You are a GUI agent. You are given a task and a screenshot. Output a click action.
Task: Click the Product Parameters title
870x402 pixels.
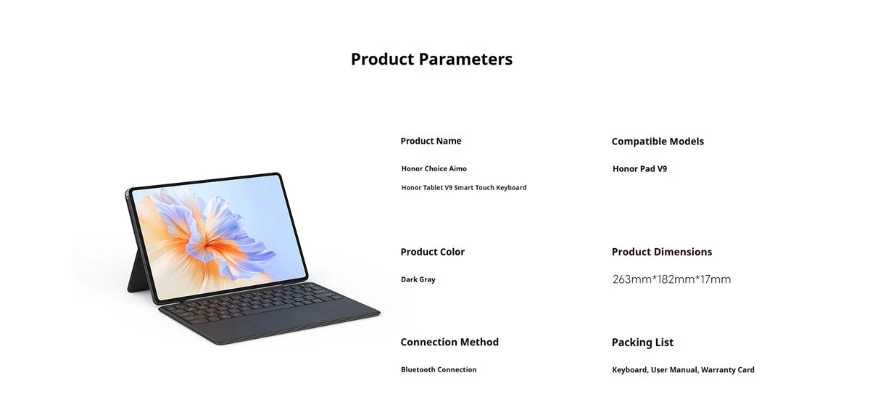tap(431, 60)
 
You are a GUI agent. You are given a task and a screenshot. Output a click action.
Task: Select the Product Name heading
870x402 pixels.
tap(431, 141)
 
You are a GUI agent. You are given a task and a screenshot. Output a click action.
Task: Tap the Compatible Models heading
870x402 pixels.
tap(658, 141)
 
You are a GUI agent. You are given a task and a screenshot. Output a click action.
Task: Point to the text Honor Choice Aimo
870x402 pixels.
tap(434, 168)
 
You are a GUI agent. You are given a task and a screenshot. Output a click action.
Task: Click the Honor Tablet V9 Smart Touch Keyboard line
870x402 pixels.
tap(464, 187)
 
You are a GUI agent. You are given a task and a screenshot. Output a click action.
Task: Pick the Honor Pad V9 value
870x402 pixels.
tap(639, 169)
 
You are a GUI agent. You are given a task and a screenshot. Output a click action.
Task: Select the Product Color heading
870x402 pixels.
tap(432, 252)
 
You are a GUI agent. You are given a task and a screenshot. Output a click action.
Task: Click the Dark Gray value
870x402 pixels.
tap(418, 279)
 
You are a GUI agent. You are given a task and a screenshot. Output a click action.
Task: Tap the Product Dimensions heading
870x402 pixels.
tap(661, 252)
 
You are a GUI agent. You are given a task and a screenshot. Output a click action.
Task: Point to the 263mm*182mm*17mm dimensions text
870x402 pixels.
tap(671, 279)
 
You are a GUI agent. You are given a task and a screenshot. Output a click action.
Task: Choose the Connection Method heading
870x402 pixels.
tap(449, 342)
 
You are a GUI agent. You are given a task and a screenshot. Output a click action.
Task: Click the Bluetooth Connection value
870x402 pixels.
tap(439, 369)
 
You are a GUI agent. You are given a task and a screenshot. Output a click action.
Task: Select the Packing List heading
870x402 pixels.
tap(642, 342)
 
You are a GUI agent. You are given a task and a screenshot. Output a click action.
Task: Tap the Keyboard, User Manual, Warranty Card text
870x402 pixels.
tap(683, 370)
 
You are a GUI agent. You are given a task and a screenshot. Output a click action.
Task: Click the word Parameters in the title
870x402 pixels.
tap(465, 60)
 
